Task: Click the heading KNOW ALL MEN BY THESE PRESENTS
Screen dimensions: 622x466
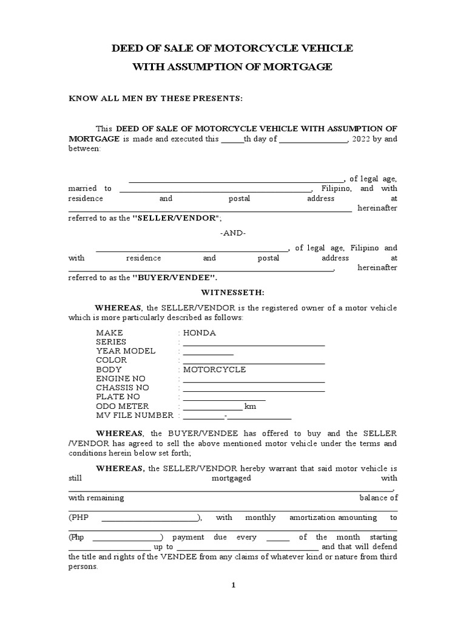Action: pos(155,98)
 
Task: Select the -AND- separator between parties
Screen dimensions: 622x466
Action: pos(232,233)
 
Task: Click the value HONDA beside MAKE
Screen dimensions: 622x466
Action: pos(200,333)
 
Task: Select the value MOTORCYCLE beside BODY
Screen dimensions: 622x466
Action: pos(214,369)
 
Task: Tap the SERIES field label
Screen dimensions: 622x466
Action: pos(111,342)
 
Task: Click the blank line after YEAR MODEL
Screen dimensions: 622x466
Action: pos(208,352)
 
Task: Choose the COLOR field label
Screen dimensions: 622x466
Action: pos(112,360)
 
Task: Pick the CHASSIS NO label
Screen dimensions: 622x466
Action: pos(123,388)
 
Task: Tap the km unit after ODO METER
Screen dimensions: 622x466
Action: pos(250,406)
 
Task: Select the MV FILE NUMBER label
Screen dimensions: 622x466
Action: pos(135,415)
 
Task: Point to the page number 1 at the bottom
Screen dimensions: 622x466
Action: pos(232,585)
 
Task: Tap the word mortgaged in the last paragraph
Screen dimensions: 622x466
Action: pos(231,478)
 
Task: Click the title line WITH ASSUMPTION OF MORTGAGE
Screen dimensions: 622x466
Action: pos(232,67)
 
